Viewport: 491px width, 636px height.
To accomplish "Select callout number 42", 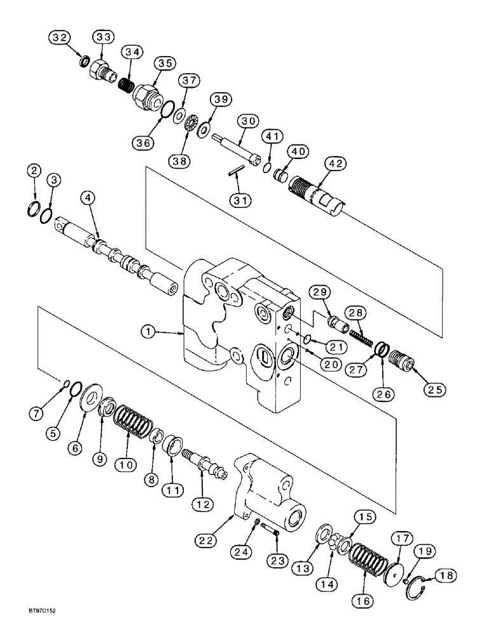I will [336, 164].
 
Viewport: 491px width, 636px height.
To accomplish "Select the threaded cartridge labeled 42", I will [318, 195].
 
